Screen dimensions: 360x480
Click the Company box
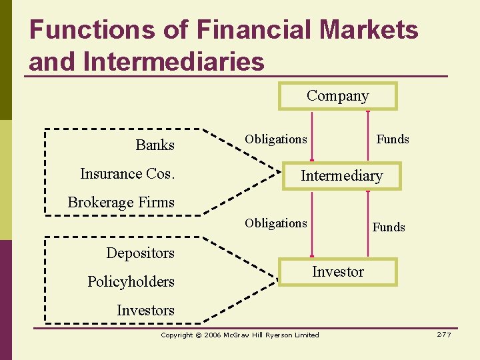pos(337,96)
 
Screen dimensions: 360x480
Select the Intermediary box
pos(341,176)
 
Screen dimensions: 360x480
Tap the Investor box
pos(338,272)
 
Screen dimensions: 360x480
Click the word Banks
pos(155,145)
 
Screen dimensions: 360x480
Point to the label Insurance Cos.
pos(127,174)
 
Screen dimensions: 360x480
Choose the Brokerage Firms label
pos(121,203)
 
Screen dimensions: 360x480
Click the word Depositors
pos(140,253)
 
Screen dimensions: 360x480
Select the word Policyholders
pos(131,282)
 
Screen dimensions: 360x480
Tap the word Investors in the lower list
pos(145,311)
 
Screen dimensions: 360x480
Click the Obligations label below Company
pos(276,139)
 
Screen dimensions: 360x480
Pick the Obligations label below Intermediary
pos(276,223)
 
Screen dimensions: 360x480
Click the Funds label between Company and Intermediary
pos(393,139)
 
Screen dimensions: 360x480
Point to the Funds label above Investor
pos(389,227)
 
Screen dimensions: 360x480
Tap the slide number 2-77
pos(444,334)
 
